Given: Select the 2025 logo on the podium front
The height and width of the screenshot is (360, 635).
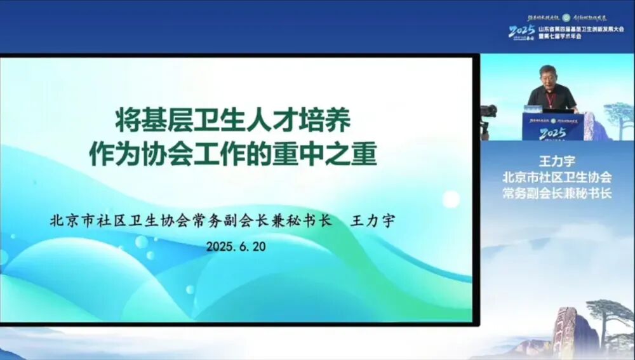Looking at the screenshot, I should [552, 133].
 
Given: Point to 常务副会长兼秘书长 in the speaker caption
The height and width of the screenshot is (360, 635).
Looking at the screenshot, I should [556, 193].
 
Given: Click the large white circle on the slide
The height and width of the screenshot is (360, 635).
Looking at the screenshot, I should [451, 199].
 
